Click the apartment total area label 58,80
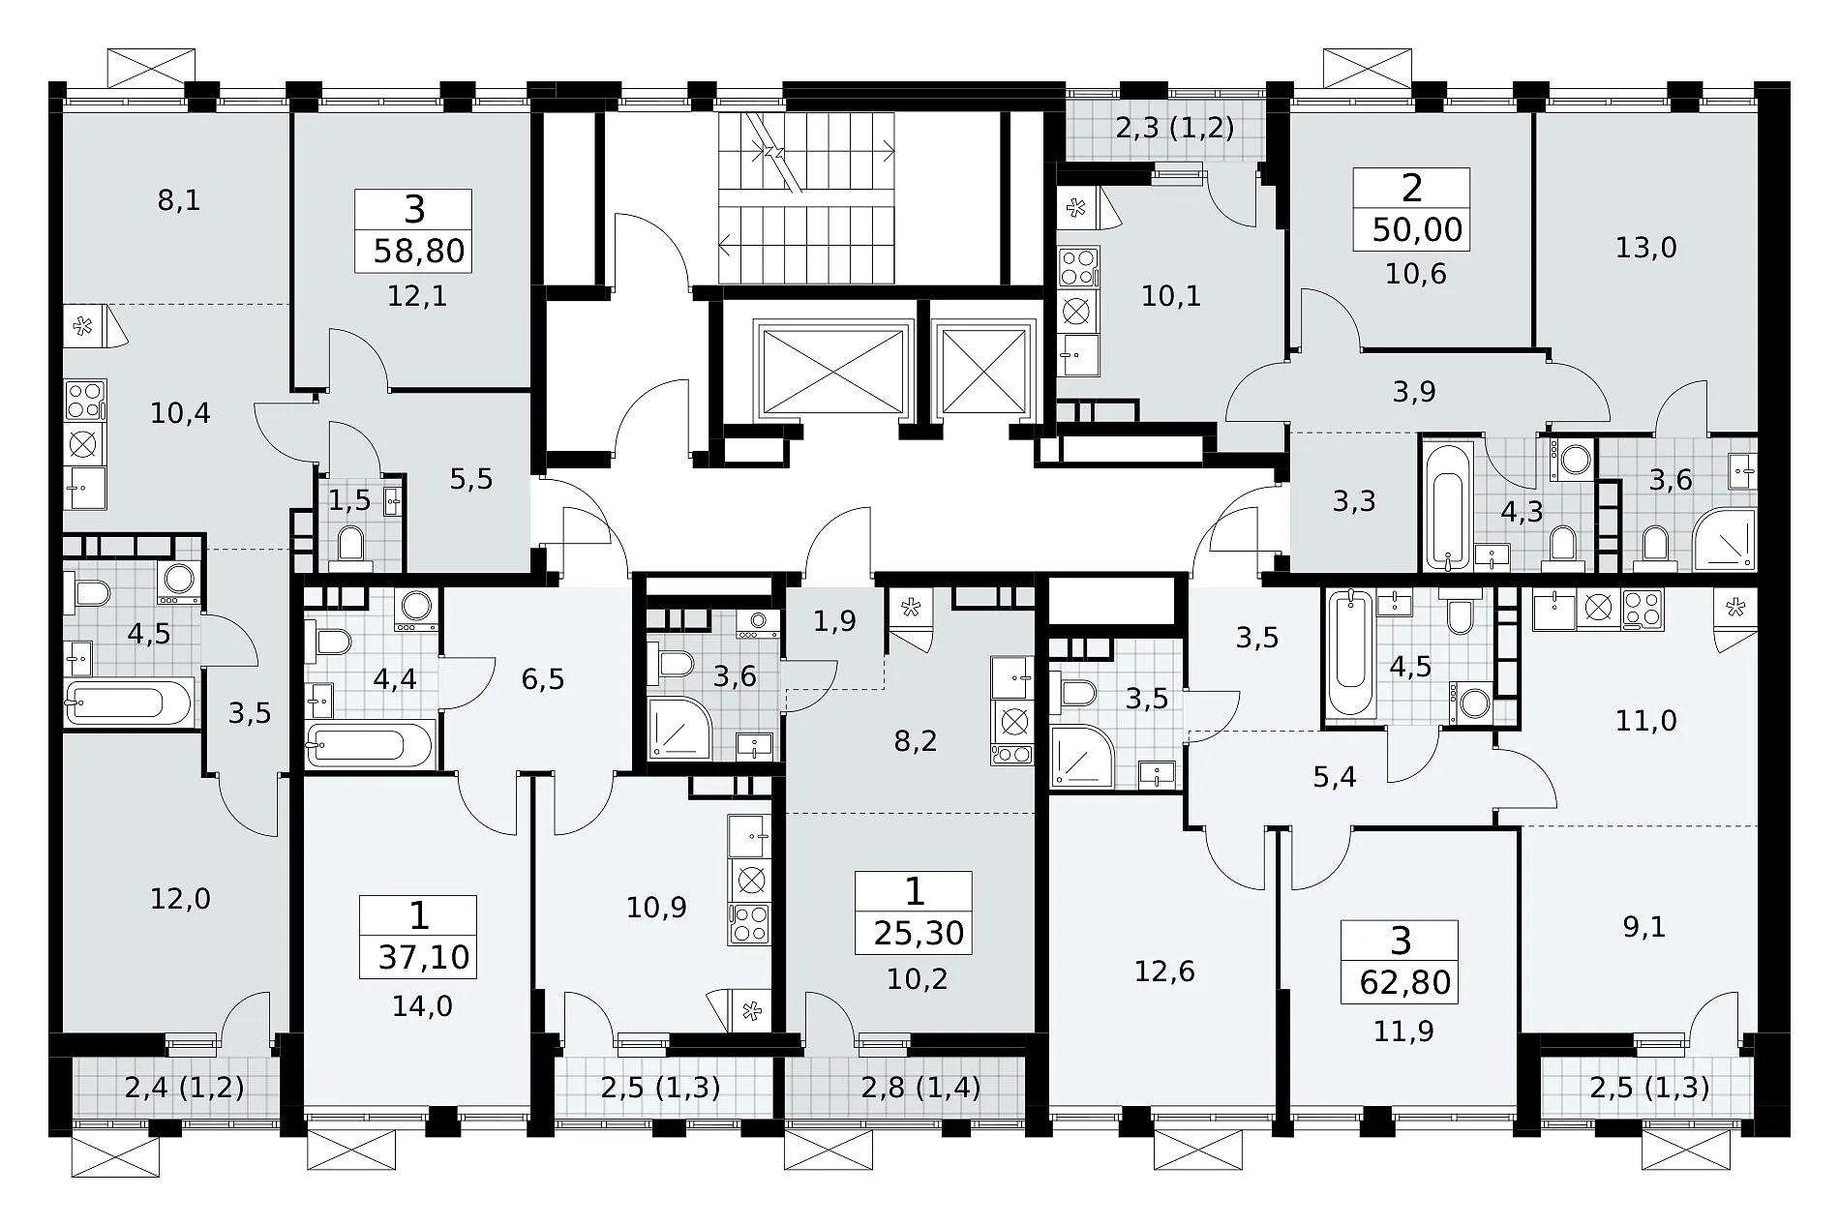[419, 252]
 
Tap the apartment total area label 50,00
[1418, 230]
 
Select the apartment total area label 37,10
[424, 957]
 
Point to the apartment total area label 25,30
[919, 933]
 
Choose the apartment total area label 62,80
[1405, 982]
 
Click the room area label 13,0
[1645, 249]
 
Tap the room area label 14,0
[422, 1007]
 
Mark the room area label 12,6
[1164, 972]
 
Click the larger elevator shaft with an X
[833, 371]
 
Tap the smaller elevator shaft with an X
[982, 371]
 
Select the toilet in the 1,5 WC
[349, 546]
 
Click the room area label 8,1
[179, 201]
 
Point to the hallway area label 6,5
[542, 679]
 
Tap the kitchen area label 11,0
[1645, 721]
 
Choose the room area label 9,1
[1643, 927]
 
